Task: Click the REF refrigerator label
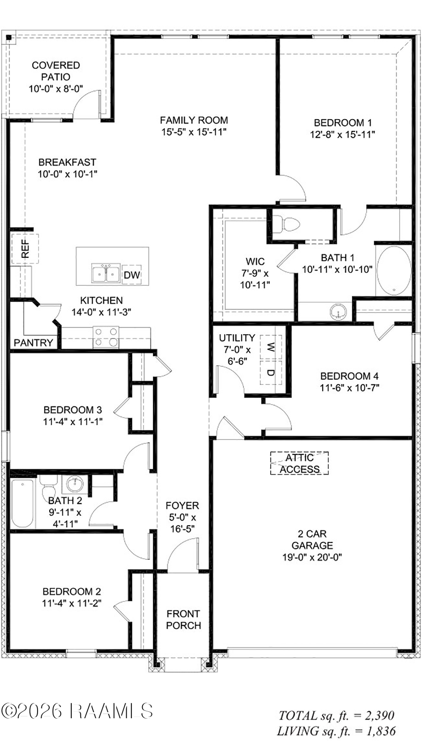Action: pos(25,248)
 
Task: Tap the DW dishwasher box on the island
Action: pos(132,275)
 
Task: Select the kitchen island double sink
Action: pos(106,273)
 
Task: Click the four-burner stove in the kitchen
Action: pos(106,337)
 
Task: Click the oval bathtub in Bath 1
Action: pos(394,271)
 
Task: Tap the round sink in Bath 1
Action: pos(338,311)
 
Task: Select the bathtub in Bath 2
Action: pos(23,503)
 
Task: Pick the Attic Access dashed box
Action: pos(299,463)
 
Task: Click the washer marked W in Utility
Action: pos(271,347)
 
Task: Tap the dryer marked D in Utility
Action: pos(271,373)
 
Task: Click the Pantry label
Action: pos(33,343)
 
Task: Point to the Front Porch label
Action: pos(183,619)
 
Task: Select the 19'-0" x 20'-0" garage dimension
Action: pos(312,557)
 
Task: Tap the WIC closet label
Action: pos(255,262)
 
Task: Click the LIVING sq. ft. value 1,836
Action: pos(380,730)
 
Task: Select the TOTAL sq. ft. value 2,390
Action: pos(379,715)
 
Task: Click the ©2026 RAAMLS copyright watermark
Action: pos(77,711)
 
